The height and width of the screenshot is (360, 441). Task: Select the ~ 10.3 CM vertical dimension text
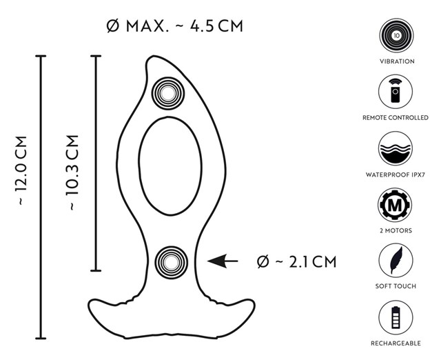[72, 173]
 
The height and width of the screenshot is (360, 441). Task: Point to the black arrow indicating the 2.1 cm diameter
[222, 261]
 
